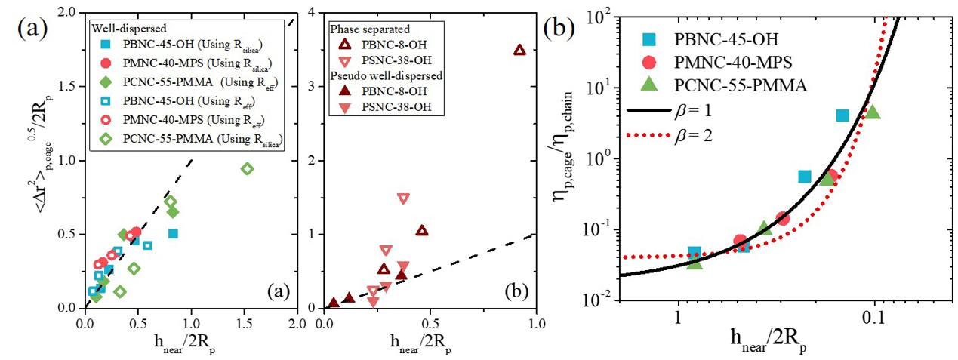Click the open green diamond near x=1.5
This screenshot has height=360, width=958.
(246, 168)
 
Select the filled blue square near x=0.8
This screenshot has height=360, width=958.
(173, 233)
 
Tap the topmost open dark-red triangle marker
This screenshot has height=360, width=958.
(519, 50)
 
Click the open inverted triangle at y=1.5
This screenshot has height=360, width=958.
(403, 198)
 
